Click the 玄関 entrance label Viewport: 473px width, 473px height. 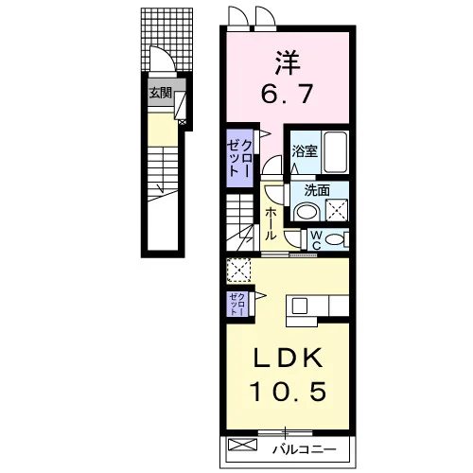tap(161, 93)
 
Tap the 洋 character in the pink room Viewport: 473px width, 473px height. tap(288, 62)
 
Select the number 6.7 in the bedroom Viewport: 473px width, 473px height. tap(287, 94)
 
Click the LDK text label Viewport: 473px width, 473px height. tap(289, 359)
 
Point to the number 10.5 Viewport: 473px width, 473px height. tap(288, 391)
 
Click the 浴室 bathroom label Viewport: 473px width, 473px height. tap(305, 151)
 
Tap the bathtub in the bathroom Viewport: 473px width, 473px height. tap(336, 152)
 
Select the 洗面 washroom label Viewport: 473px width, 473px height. tap(317, 190)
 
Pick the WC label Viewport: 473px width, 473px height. tap(317, 240)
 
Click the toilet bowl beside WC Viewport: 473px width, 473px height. tap(335, 239)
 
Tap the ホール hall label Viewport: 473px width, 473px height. tap(271, 224)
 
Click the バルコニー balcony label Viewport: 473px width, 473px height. tap(305, 449)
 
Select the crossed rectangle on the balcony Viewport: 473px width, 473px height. tap(242, 445)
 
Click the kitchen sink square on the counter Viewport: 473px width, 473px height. tap(300, 306)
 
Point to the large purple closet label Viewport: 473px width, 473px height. tap(239, 158)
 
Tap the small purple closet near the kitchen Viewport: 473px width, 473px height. tap(237, 305)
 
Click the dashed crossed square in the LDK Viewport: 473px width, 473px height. tap(238, 271)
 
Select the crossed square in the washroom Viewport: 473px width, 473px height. tap(337, 210)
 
